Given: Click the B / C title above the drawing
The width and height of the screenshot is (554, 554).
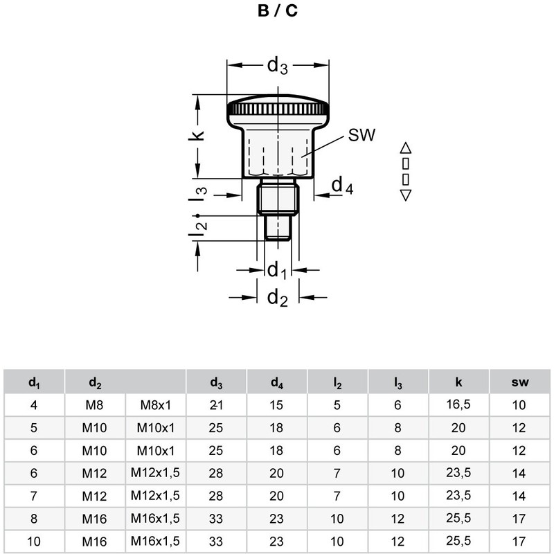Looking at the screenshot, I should point(277,12).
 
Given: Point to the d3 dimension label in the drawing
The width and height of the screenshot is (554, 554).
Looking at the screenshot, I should point(277,66).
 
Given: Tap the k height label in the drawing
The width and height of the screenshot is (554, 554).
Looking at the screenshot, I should point(199,133).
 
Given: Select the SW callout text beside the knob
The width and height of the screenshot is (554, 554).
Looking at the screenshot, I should point(361,136).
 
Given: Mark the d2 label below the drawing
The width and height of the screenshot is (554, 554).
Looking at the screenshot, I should point(277,298).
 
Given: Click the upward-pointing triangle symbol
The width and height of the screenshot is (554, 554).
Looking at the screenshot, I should point(406,147).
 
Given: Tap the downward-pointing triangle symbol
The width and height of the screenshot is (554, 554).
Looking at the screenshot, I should point(406,195).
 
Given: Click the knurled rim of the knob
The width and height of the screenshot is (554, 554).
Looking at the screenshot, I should point(277,109).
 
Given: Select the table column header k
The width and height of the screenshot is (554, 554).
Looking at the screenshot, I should point(458,382).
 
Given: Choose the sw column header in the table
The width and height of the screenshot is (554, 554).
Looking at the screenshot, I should point(519,382).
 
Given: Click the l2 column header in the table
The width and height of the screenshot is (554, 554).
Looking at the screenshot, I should point(337,382).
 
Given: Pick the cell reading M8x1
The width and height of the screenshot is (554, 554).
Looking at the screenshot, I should point(156,405).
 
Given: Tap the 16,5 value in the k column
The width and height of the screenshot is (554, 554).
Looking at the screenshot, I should point(458,404).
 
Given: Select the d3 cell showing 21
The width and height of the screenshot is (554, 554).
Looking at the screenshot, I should point(216,405).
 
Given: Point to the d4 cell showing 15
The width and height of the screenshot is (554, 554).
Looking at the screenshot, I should point(277,405).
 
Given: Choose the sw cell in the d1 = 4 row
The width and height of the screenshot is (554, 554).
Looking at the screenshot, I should point(519,405).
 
